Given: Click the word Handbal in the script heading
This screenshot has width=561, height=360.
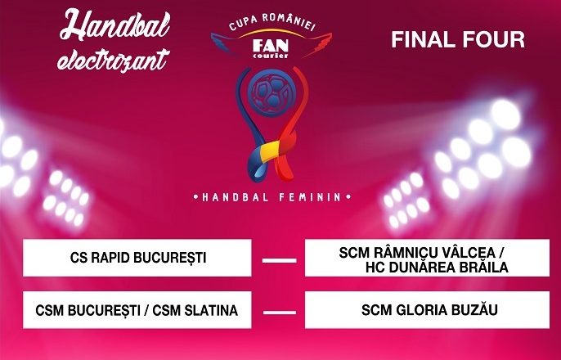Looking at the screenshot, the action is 114,25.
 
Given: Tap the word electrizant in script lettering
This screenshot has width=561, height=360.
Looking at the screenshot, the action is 114,59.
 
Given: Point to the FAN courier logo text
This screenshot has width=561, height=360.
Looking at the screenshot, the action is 271,48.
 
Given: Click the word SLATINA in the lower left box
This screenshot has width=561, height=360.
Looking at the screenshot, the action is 211,310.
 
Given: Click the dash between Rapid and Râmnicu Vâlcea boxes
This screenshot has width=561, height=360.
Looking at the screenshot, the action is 280,260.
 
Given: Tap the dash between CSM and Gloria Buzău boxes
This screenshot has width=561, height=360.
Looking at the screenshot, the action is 280,313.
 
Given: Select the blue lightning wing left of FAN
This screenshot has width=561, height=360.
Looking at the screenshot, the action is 229,44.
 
